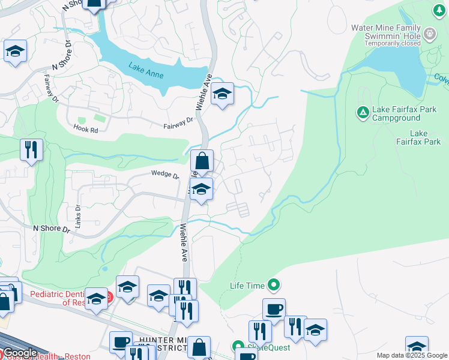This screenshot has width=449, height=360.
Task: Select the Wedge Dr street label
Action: tap(164, 175)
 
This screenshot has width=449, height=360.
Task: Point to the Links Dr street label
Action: tap(77, 212)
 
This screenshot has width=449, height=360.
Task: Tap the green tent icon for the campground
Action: tap(363, 112)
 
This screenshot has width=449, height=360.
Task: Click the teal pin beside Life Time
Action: tap(275, 285)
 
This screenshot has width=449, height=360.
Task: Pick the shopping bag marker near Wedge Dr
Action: tap(202, 161)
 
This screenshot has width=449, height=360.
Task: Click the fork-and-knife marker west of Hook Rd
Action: tap(31, 149)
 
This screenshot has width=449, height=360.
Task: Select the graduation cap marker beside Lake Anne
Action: tap(222, 94)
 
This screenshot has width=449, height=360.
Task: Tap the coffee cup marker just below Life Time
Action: tap(274, 310)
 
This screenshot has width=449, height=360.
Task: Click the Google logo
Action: tap(20, 353)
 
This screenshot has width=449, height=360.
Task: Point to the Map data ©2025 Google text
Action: tap(412, 355)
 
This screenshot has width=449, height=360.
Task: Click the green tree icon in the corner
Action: tap(438, 10)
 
